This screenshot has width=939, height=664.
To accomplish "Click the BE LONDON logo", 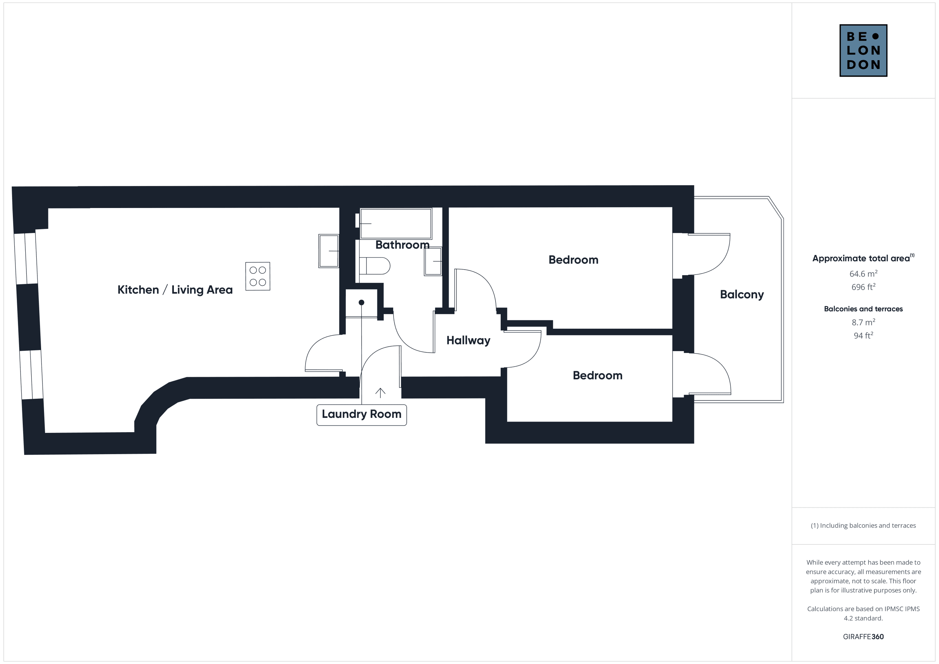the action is (x=863, y=50).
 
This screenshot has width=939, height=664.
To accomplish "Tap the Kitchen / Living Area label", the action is (x=175, y=290).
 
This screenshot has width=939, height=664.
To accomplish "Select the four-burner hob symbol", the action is (x=257, y=276).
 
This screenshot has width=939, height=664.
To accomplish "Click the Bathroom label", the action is (x=402, y=245).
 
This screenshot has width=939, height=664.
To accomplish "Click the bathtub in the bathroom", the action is (x=396, y=223).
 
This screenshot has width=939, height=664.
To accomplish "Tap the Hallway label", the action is (x=468, y=340).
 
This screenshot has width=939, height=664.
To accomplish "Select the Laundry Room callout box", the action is (x=362, y=415).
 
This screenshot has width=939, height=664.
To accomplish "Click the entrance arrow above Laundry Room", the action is (x=380, y=393).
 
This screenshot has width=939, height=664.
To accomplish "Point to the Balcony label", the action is (x=742, y=295).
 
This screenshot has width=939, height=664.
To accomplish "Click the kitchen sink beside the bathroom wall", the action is (x=329, y=251).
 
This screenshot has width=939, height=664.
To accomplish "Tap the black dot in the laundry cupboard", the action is (x=362, y=303).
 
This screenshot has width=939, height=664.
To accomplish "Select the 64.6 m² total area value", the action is (x=863, y=274).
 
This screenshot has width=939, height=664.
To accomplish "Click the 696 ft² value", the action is (x=863, y=287).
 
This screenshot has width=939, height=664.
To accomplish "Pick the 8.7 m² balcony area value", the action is (x=863, y=322).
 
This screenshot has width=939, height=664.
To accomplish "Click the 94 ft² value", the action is (x=863, y=335).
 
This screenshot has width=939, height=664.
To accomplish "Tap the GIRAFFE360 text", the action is (x=863, y=636).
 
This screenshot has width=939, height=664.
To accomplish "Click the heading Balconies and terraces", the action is (x=863, y=309).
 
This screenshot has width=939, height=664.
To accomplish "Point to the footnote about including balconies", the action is (x=863, y=525).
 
